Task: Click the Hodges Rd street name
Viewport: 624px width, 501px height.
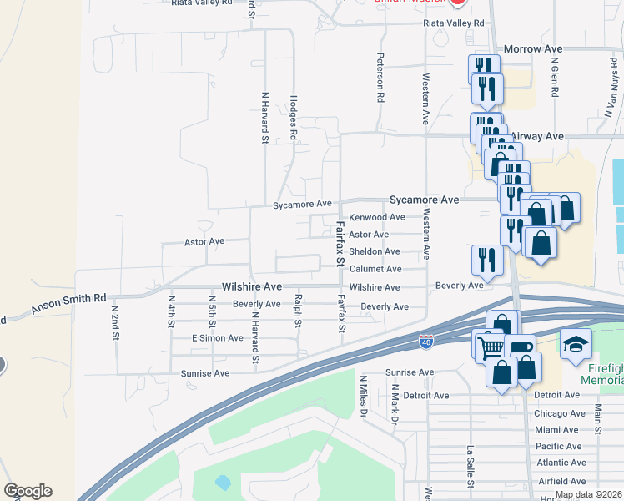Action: coord(294,118)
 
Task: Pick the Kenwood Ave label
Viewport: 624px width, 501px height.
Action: coord(376,217)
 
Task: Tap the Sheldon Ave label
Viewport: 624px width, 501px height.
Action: coord(375,251)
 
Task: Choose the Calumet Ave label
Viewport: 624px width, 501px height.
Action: coord(375,269)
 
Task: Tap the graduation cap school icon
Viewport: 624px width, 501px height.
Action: coord(576,344)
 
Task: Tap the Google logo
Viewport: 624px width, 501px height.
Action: coord(28,491)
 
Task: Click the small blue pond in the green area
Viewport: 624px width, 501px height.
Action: coord(222,483)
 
